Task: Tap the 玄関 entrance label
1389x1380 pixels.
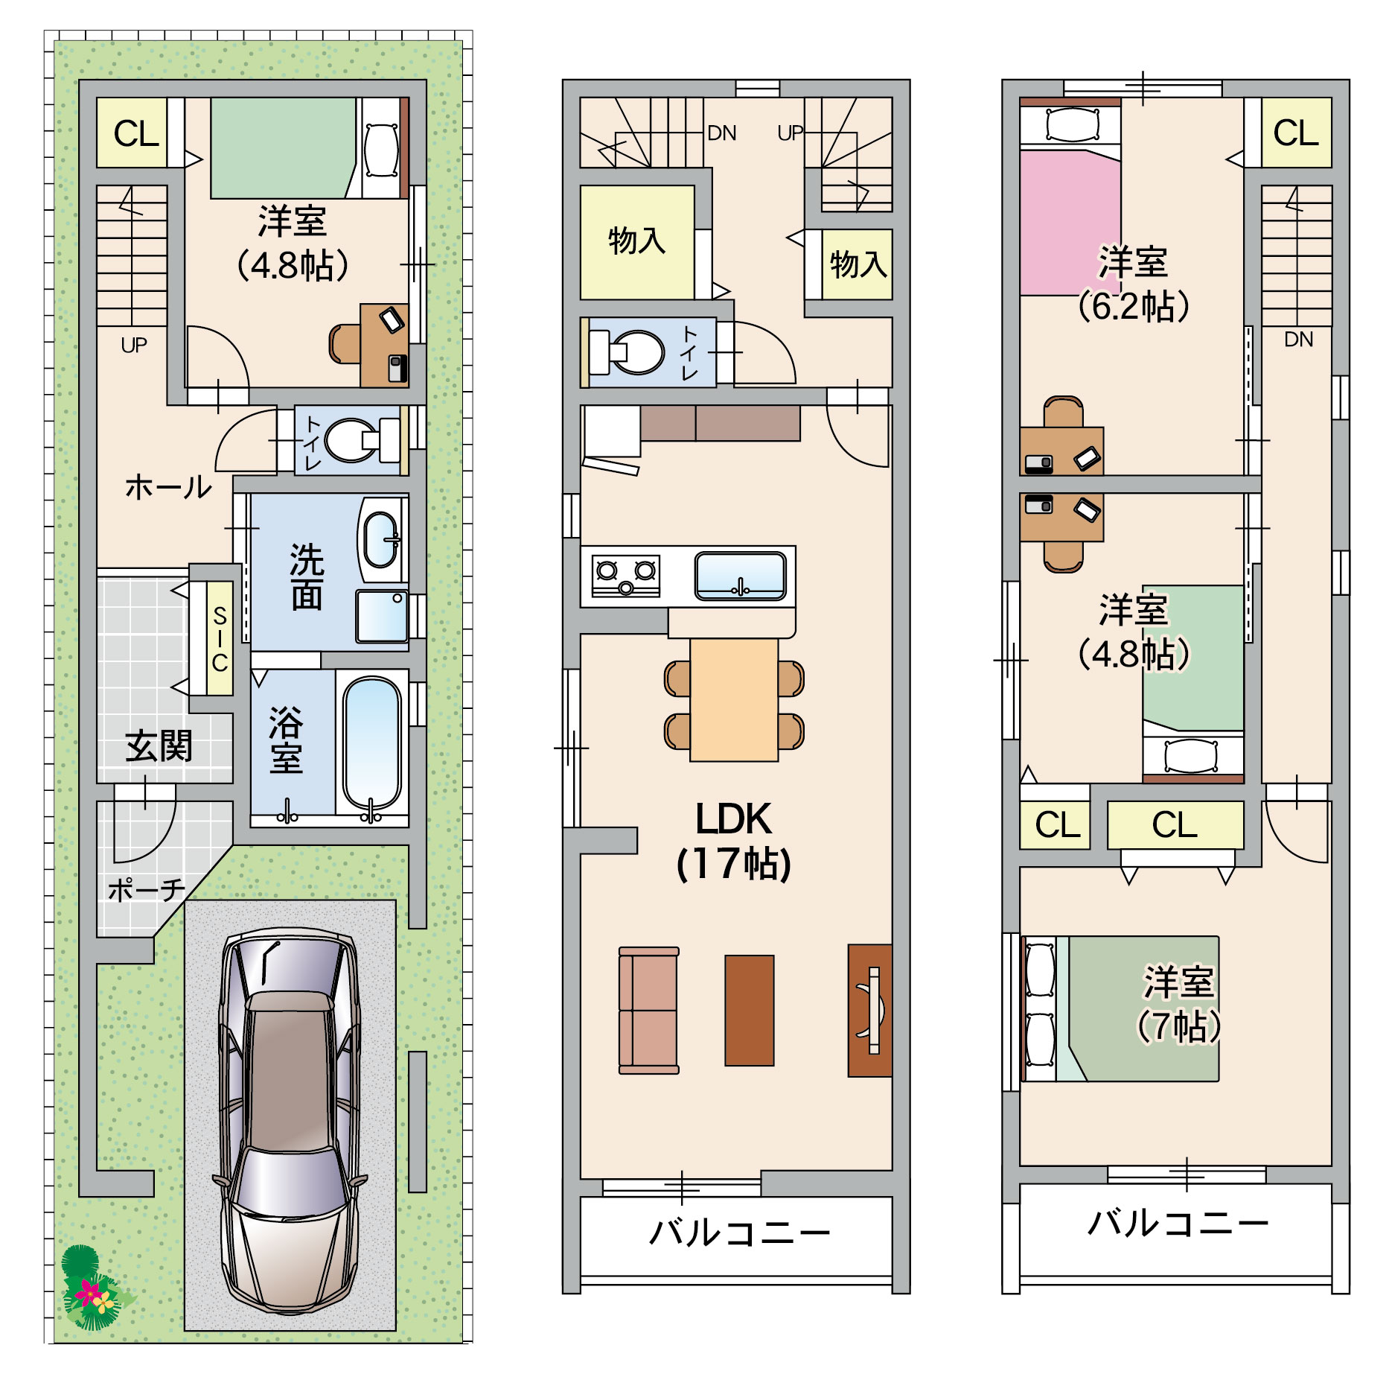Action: pyautogui.click(x=159, y=745)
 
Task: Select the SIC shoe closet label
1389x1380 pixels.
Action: pyautogui.click(x=220, y=638)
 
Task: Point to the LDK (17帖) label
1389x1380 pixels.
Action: pyautogui.click(x=734, y=841)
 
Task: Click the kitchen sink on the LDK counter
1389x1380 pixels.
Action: pyautogui.click(x=741, y=576)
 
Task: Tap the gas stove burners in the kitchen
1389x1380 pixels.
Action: pyautogui.click(x=626, y=576)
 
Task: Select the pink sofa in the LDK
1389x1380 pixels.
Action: pyautogui.click(x=649, y=1010)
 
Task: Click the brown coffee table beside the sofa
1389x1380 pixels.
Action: pyautogui.click(x=750, y=1010)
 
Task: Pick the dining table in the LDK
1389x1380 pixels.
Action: pyautogui.click(x=734, y=699)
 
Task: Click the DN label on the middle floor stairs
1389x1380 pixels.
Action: pyautogui.click(x=721, y=133)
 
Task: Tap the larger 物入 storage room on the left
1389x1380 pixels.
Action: pyautogui.click(x=637, y=243)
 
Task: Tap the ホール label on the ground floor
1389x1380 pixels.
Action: pyautogui.click(x=168, y=487)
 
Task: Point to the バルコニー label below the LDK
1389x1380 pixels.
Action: pyautogui.click(x=739, y=1233)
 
